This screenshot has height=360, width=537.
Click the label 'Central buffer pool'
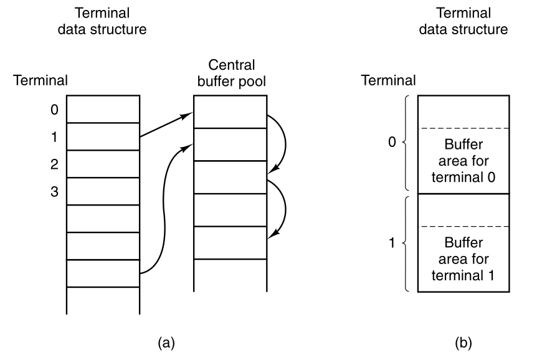pyautogui.click(x=230, y=73)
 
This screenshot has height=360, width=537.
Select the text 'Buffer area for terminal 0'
pyautogui.click(x=463, y=160)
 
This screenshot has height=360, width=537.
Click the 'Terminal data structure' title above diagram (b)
pyautogui.click(x=463, y=21)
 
